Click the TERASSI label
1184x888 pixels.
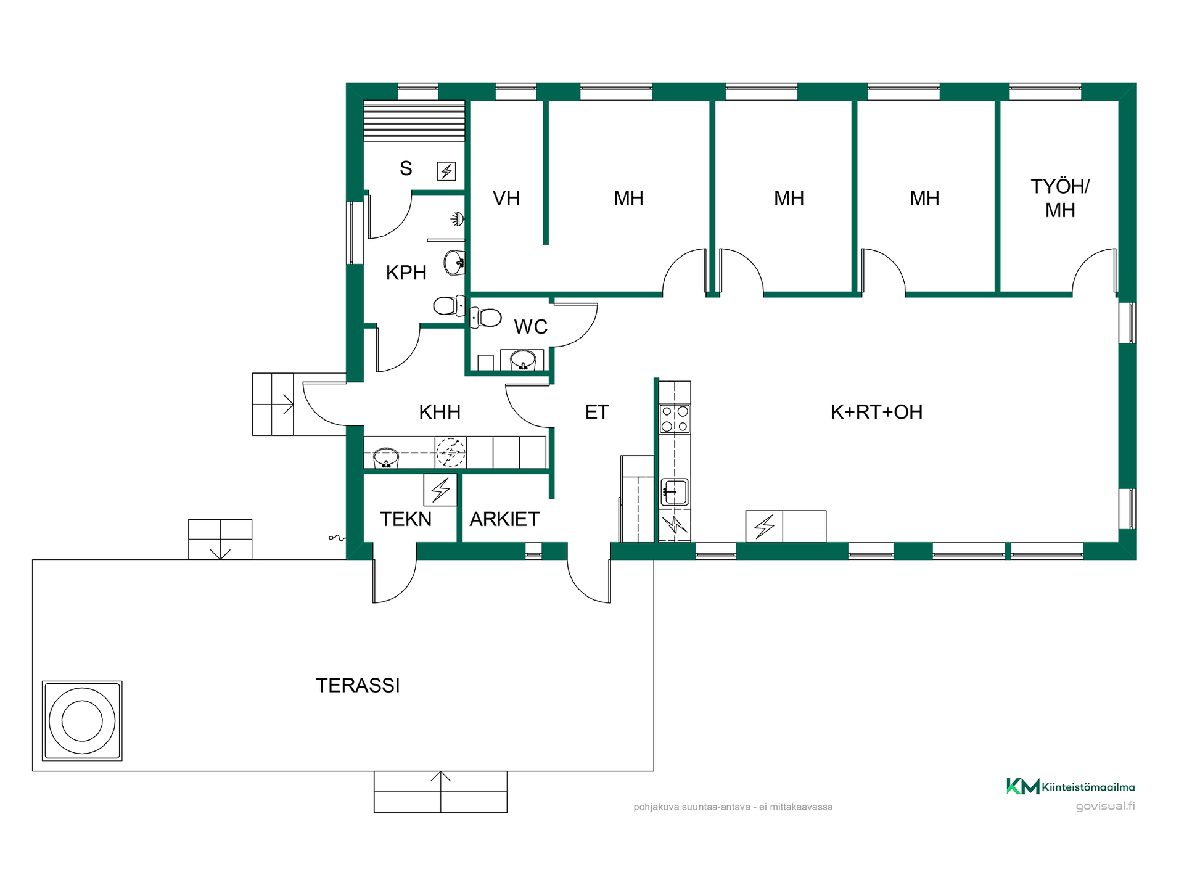(358, 685)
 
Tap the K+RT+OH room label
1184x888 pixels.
(876, 412)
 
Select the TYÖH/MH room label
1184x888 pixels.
(1060, 198)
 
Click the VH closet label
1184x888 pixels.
(506, 198)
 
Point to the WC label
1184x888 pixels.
(531, 326)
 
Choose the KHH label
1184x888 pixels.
(440, 412)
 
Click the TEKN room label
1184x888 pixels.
(406, 519)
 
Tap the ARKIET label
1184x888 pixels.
(504, 519)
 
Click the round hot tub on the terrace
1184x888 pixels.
(82, 721)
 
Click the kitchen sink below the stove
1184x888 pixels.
(675, 492)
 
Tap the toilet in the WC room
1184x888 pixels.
(485, 318)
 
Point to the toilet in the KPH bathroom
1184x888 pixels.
(449, 305)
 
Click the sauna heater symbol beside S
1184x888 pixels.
(446, 171)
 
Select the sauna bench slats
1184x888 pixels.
(414, 121)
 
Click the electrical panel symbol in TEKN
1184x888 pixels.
(440, 490)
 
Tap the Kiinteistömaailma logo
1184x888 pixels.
(1071, 786)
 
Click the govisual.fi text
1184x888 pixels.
(1105, 806)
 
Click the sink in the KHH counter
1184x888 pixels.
(386, 458)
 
